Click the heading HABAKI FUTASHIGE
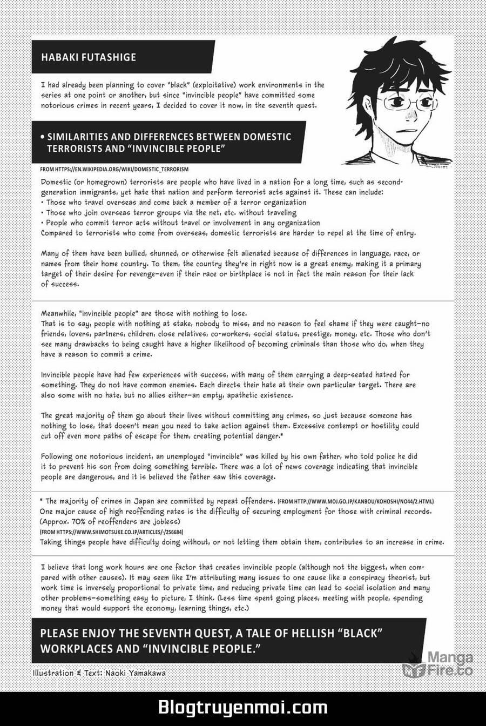[83, 57]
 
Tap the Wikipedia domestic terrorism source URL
[114, 170]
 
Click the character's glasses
[400, 102]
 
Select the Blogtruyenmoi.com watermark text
[242, 708]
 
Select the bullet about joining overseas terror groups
[164, 212]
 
